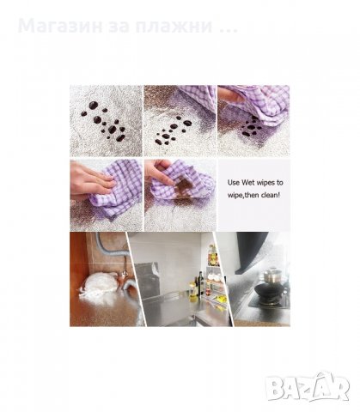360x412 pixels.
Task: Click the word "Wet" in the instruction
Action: [x=247, y=183]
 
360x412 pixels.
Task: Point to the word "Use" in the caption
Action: [x=234, y=183]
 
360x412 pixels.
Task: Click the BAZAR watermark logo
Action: [x=308, y=386]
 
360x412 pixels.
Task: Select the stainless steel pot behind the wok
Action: [x=272, y=276]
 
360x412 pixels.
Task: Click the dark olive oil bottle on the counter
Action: [x=201, y=283]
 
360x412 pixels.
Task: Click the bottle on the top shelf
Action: [x=212, y=256]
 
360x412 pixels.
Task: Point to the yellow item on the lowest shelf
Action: [x=220, y=300]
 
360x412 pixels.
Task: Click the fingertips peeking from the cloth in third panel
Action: [x=229, y=95]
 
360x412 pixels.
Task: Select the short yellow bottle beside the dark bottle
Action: [x=193, y=290]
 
